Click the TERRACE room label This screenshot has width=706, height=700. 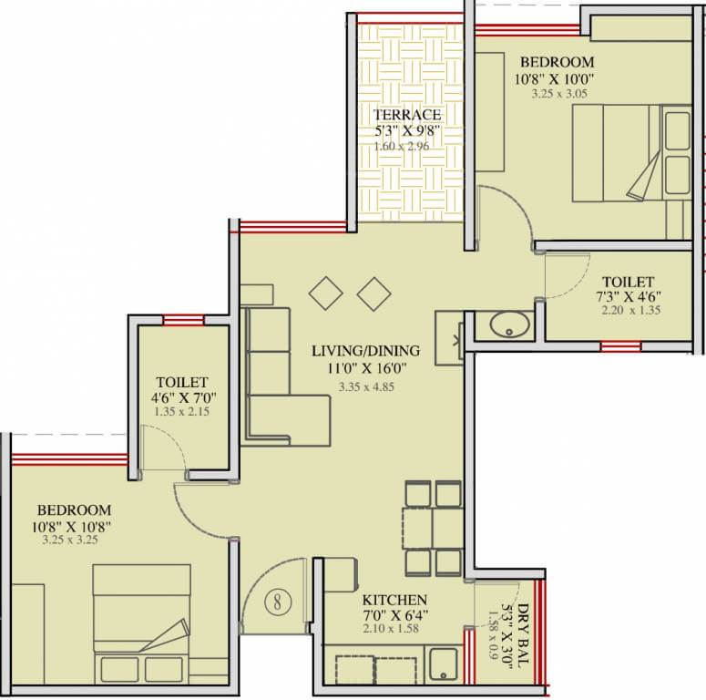(x=406, y=115)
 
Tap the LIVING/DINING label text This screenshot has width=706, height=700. (x=365, y=350)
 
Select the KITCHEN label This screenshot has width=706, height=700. (x=394, y=601)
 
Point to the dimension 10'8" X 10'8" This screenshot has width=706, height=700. (x=76, y=526)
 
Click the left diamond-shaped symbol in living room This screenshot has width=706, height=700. (x=325, y=293)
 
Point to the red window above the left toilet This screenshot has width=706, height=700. (x=182, y=319)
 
